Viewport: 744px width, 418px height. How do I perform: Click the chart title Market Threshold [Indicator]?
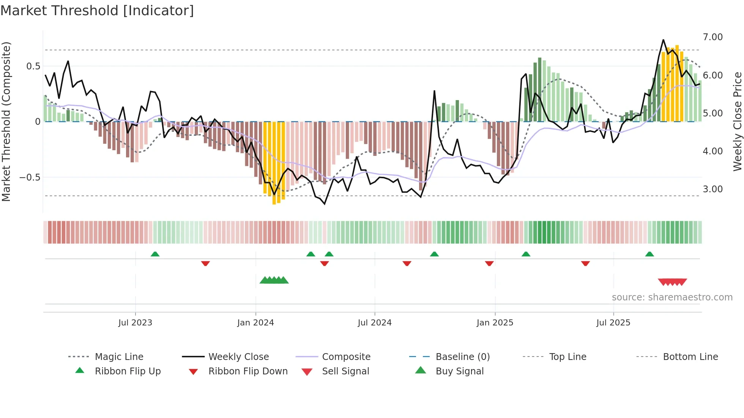[97, 11]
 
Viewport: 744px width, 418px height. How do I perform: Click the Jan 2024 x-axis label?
[255, 323]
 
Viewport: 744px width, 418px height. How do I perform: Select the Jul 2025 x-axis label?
[613, 323]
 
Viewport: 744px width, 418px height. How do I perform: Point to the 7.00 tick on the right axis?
[712, 37]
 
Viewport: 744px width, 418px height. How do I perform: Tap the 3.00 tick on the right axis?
[712, 189]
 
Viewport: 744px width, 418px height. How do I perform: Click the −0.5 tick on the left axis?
[30, 178]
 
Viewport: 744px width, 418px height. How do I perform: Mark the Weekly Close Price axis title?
[737, 121]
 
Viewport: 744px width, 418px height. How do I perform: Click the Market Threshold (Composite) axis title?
[6, 121]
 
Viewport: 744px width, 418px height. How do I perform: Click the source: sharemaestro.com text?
[672, 297]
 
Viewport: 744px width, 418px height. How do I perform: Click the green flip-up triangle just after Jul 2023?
[155, 254]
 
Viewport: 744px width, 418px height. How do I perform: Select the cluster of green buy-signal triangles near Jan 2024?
[274, 280]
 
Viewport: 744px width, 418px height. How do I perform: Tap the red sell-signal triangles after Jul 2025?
[672, 282]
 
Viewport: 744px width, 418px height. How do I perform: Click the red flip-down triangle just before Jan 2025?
[489, 263]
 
